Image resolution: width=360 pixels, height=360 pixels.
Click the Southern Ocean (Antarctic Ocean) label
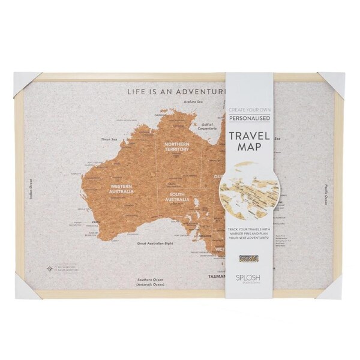151,282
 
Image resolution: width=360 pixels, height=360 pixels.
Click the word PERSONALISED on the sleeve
251,119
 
